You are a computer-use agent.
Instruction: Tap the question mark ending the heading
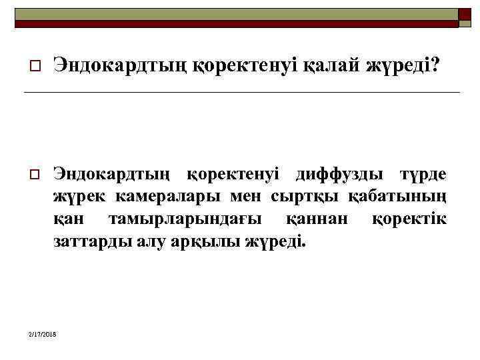(435, 65)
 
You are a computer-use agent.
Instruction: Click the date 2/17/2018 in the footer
(43, 333)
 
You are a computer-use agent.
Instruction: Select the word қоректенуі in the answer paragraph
(232, 175)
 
